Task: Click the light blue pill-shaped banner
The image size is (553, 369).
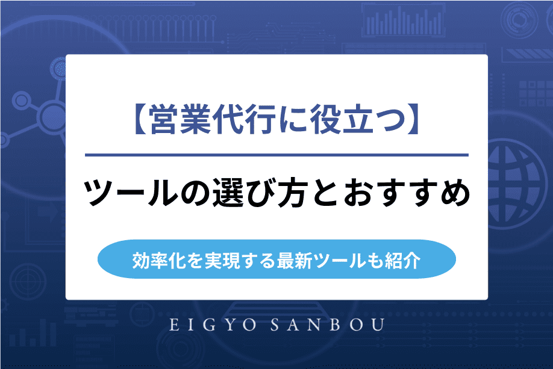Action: pos(276,260)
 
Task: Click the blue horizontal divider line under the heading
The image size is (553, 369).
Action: pos(276,155)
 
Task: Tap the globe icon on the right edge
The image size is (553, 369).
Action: pos(519,170)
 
